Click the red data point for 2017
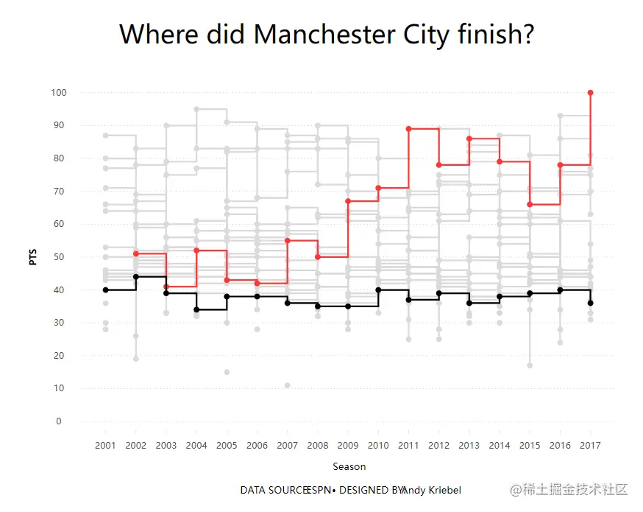pos(591,93)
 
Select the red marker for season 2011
pos(408,129)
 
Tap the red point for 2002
pos(136,253)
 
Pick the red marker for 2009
pos(348,201)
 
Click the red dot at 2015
pos(530,204)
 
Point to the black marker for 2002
pos(136,277)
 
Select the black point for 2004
pos(196,309)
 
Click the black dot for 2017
pos(591,303)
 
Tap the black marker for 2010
pos(378,290)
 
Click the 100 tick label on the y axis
pos(59,93)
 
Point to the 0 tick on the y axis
pos(59,421)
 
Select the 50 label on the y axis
pos(59,257)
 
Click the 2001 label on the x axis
pos(106,446)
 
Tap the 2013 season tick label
pos(469,446)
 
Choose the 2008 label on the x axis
pos(318,446)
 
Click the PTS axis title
pos(32,257)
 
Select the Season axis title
pos(349,466)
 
